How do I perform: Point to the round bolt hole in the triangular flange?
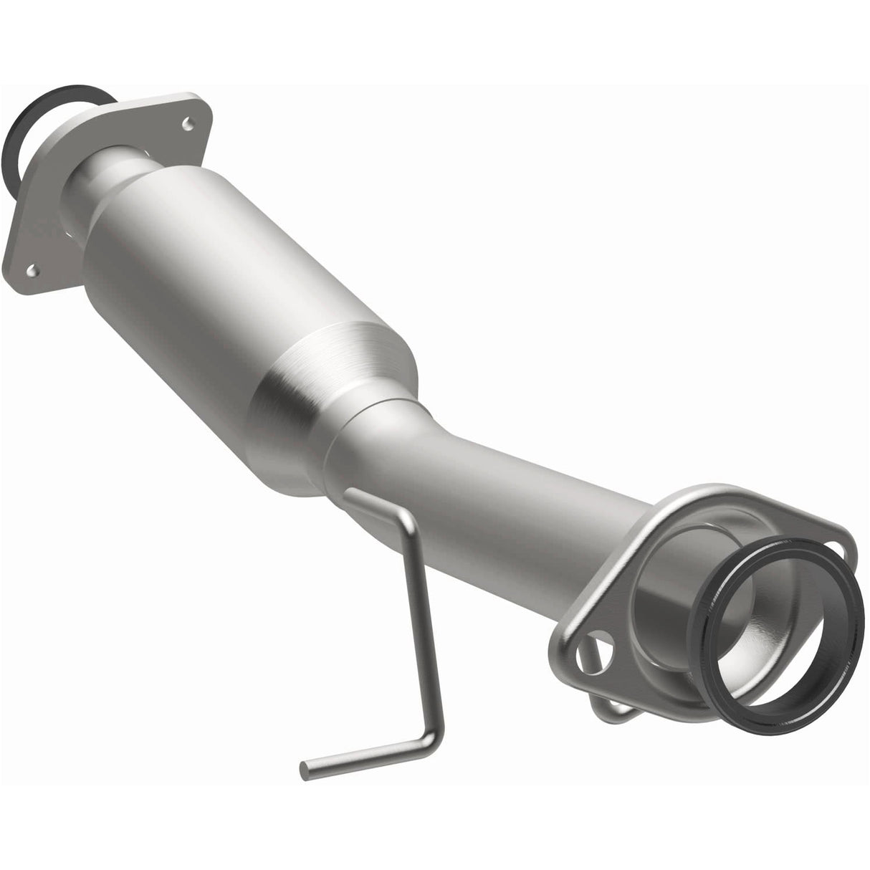(593, 634)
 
